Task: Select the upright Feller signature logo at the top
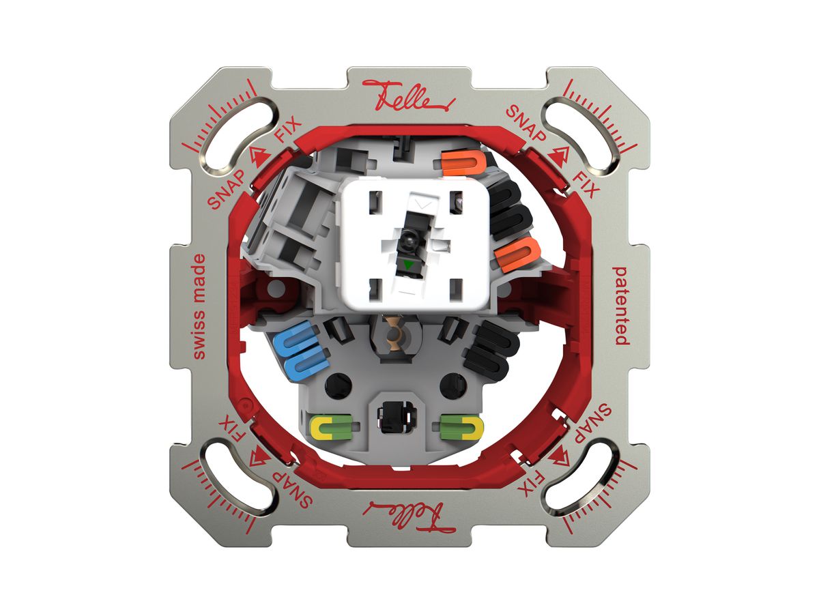[409, 96]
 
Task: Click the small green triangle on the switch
[409, 265]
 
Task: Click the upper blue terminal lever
[298, 339]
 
